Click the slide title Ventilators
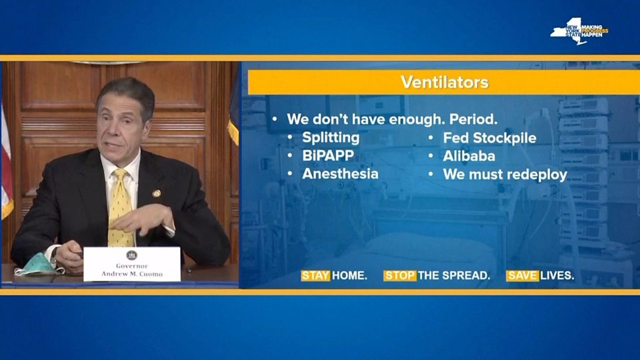[x=445, y=82]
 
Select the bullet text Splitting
[x=331, y=137]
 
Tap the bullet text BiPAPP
[x=328, y=155]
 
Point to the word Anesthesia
[x=340, y=173]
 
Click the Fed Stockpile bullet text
[x=489, y=137]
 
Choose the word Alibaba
[x=469, y=155]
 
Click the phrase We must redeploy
[x=505, y=174]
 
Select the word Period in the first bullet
[x=473, y=119]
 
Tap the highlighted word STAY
[x=315, y=275]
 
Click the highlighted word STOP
[x=399, y=275]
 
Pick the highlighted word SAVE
[x=522, y=275]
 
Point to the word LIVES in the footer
[x=557, y=275]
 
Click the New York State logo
[x=579, y=31]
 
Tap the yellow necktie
[x=121, y=208]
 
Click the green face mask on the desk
[x=37, y=265]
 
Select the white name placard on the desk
[x=132, y=264]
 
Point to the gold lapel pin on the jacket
[x=156, y=193]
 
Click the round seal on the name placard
[x=131, y=255]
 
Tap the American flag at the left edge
[x=6, y=163]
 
